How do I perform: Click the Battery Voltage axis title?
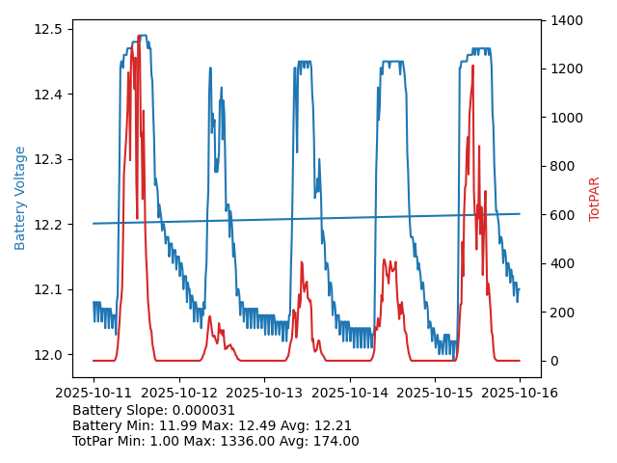click(20, 198)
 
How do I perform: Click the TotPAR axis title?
click(595, 199)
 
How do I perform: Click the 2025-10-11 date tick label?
click(94, 393)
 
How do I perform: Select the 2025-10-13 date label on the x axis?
click(264, 393)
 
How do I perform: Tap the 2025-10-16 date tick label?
click(520, 393)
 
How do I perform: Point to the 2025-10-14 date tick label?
click(349, 393)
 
